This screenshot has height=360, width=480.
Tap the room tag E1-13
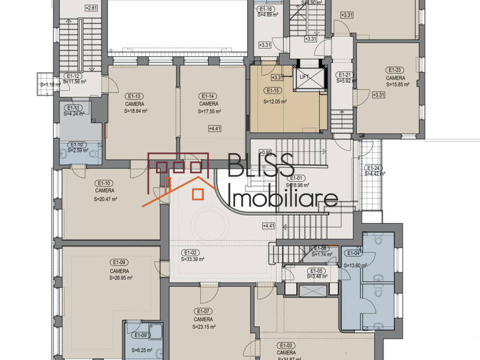pos(134,96)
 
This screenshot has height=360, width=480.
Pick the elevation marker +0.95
pos(266,152)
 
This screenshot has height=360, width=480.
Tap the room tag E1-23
pos(394,70)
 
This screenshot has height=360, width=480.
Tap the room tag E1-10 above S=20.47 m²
pos(104,183)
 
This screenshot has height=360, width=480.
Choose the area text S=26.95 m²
pos(121,278)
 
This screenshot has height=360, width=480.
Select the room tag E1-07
pos(203,311)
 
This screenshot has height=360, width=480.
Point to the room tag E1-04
pos(353,253)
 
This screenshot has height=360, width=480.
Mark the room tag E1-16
pos(266,9)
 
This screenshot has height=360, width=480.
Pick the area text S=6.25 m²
pos(142,350)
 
